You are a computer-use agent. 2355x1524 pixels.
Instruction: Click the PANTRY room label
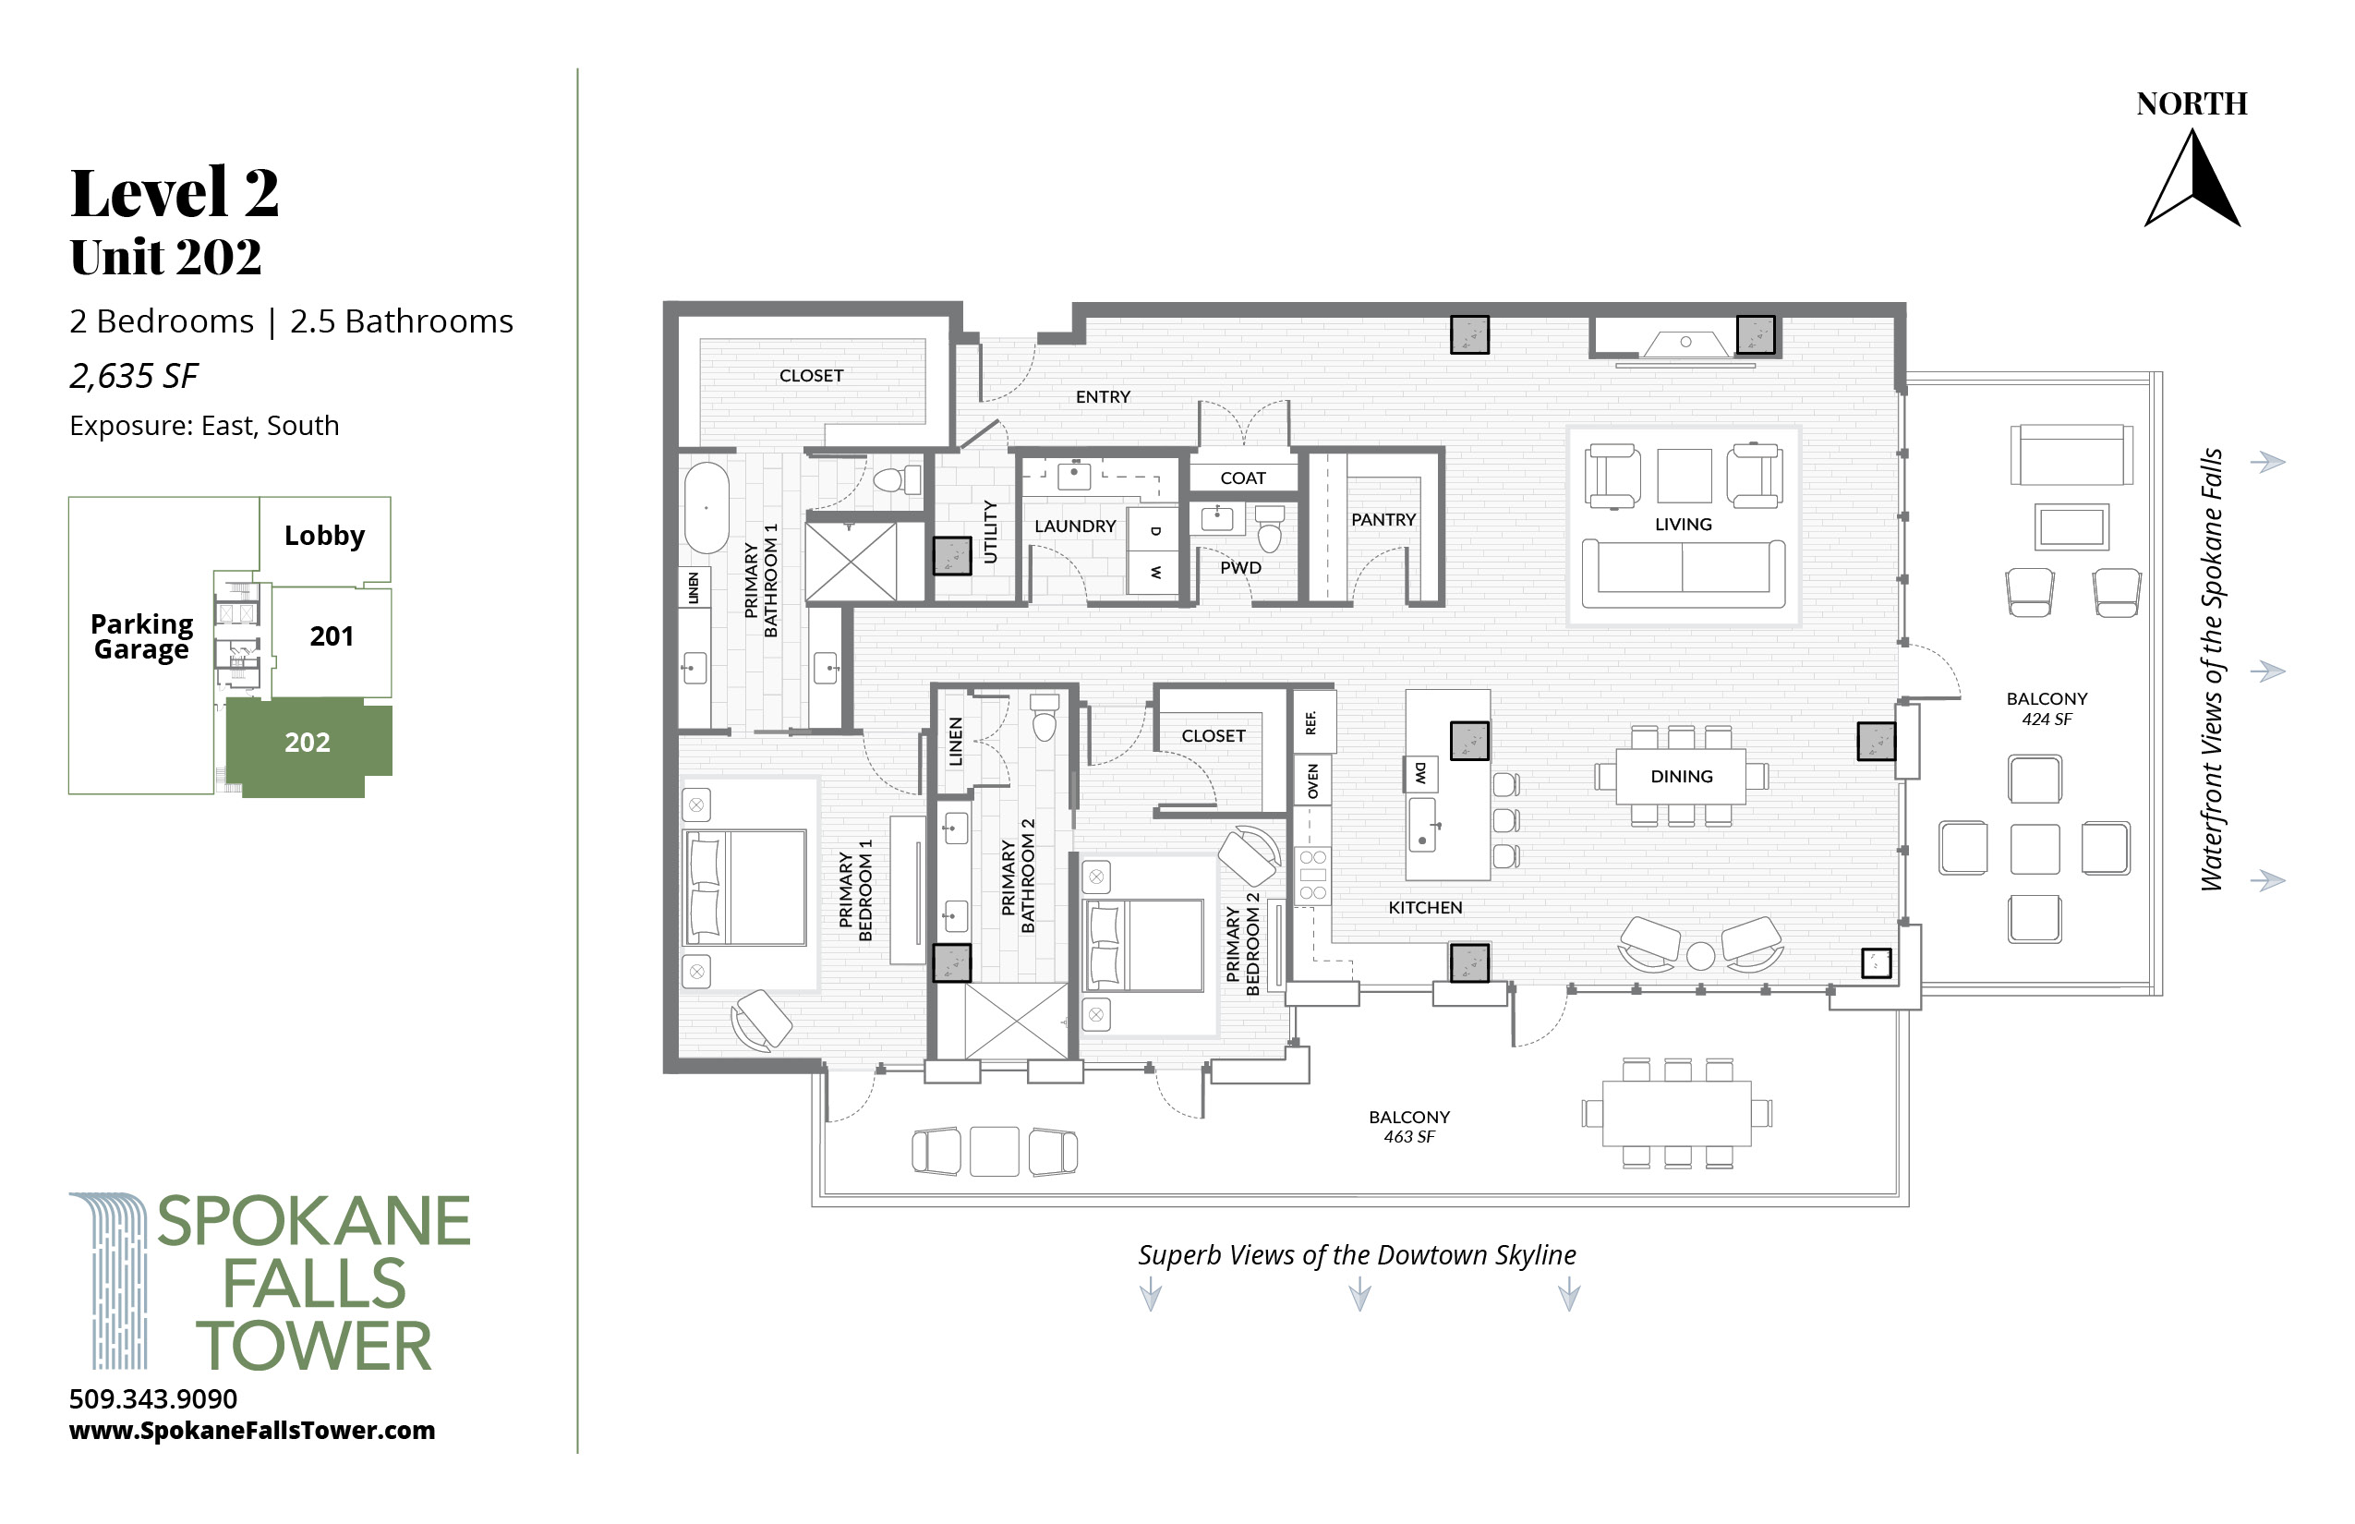click(x=1383, y=519)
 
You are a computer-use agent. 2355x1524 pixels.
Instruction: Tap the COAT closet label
click(x=1243, y=478)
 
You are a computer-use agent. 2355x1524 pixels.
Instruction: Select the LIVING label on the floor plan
click(x=1683, y=525)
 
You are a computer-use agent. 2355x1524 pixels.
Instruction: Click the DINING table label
click(x=1681, y=777)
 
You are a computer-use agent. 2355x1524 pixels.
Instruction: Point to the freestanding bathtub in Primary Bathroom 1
click(x=706, y=507)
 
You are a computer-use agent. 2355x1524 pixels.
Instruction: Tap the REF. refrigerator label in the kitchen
click(x=1311, y=722)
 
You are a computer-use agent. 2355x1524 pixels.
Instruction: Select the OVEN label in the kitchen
click(x=1313, y=781)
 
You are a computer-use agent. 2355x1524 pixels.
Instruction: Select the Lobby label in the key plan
click(x=324, y=536)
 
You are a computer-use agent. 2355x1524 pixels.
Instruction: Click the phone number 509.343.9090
click(x=153, y=1398)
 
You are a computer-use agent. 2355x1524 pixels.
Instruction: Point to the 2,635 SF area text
click(x=134, y=376)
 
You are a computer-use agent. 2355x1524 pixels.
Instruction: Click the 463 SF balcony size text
click(x=1409, y=1137)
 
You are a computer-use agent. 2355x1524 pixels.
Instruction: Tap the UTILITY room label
click(x=989, y=531)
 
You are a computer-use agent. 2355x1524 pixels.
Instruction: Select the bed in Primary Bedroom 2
click(x=1144, y=945)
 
